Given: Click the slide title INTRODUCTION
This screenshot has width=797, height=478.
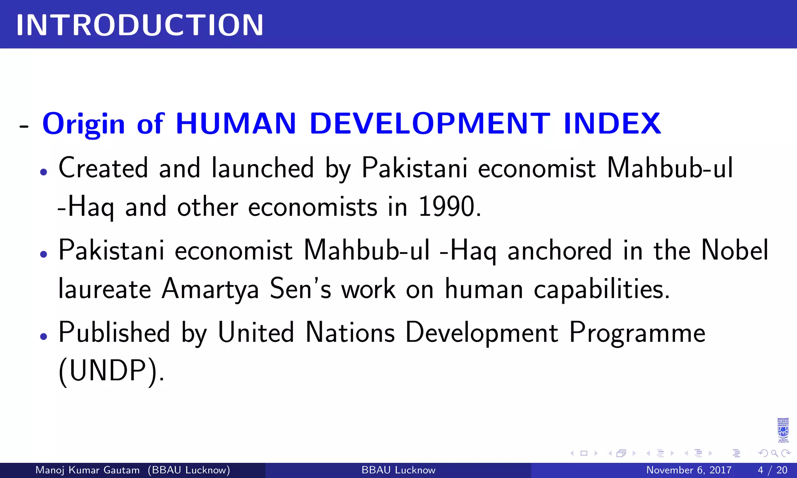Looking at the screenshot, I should [x=140, y=25].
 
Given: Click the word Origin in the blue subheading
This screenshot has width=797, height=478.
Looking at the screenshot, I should [x=83, y=124].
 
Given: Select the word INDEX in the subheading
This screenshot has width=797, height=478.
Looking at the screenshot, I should [x=612, y=123].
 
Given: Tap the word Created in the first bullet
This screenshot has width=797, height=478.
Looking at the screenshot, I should [x=103, y=168].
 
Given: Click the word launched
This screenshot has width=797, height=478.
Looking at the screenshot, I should [x=263, y=168].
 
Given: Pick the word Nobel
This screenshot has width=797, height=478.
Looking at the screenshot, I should [x=735, y=250].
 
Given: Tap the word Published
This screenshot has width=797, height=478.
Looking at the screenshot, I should [x=114, y=333].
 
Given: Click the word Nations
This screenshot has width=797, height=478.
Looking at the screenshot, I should [x=350, y=333].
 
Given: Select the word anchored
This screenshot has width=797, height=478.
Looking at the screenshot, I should [x=560, y=250].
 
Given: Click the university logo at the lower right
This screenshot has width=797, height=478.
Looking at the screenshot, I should [x=783, y=431].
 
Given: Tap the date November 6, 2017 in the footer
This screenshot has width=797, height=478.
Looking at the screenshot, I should [x=689, y=470].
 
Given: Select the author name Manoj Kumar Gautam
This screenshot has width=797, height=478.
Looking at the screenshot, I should [x=87, y=470].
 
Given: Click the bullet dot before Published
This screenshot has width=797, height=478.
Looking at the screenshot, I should [x=44, y=336].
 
